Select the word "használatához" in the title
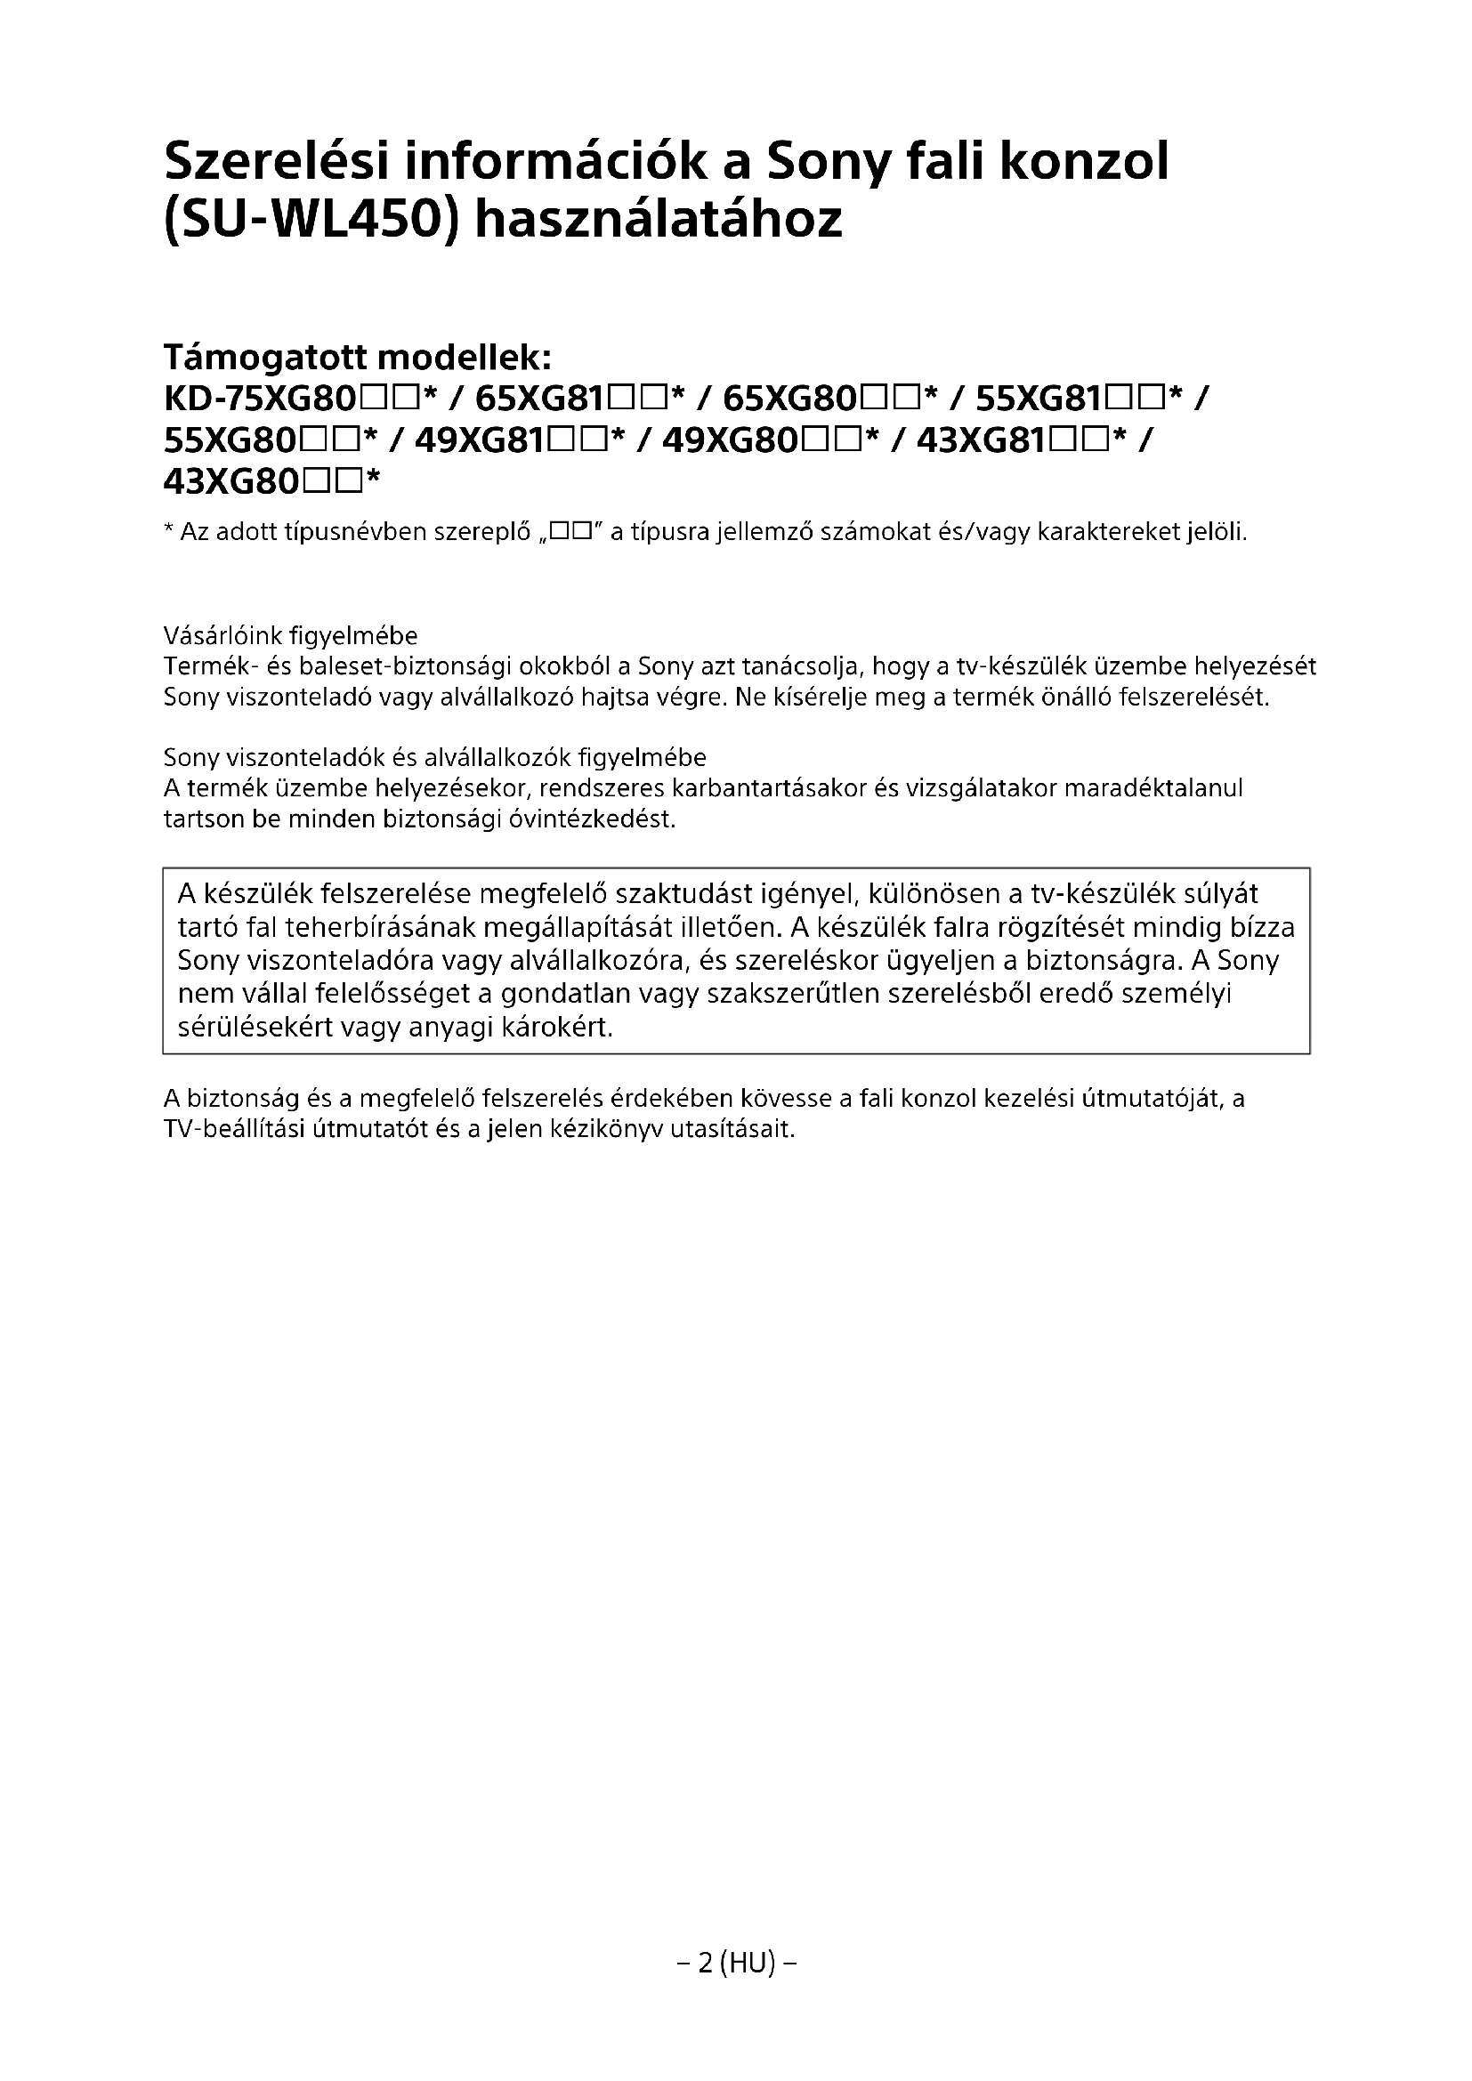click(x=659, y=220)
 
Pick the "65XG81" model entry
click(x=540, y=399)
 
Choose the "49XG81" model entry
click(x=481, y=440)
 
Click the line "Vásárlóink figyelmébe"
click(x=290, y=635)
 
